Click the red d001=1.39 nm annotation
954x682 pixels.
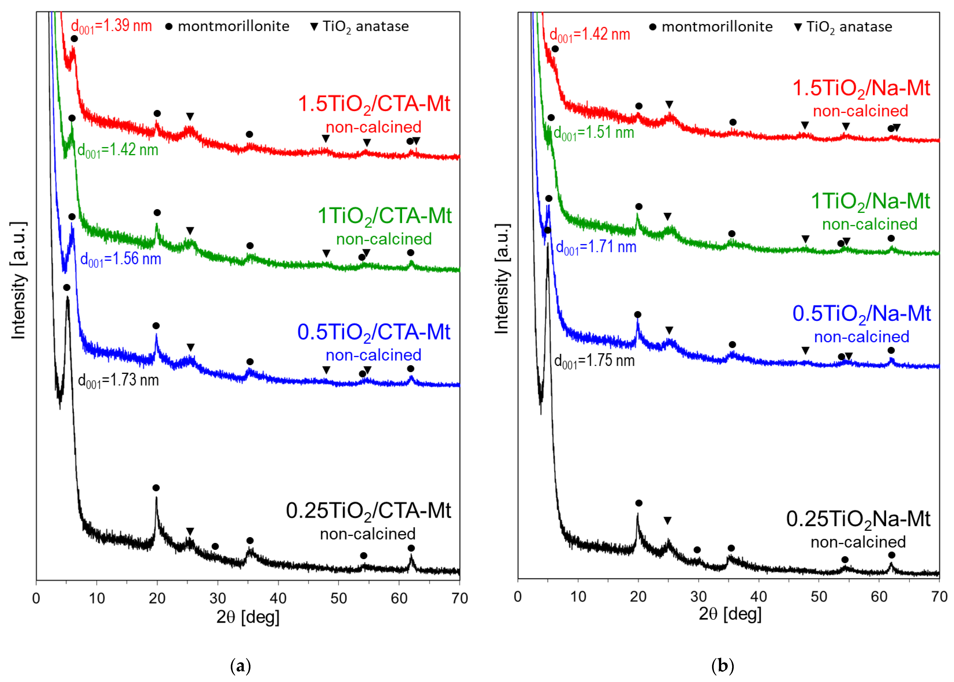pos(111,26)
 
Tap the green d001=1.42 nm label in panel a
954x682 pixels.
pos(118,150)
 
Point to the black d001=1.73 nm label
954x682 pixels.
pos(118,381)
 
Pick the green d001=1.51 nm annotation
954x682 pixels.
pos(594,133)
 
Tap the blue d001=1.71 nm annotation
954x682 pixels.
pos(596,247)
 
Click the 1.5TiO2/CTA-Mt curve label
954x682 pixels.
pos(374,104)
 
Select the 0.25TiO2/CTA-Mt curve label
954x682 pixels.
pos(368,512)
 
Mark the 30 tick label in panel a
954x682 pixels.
pos(218,598)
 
